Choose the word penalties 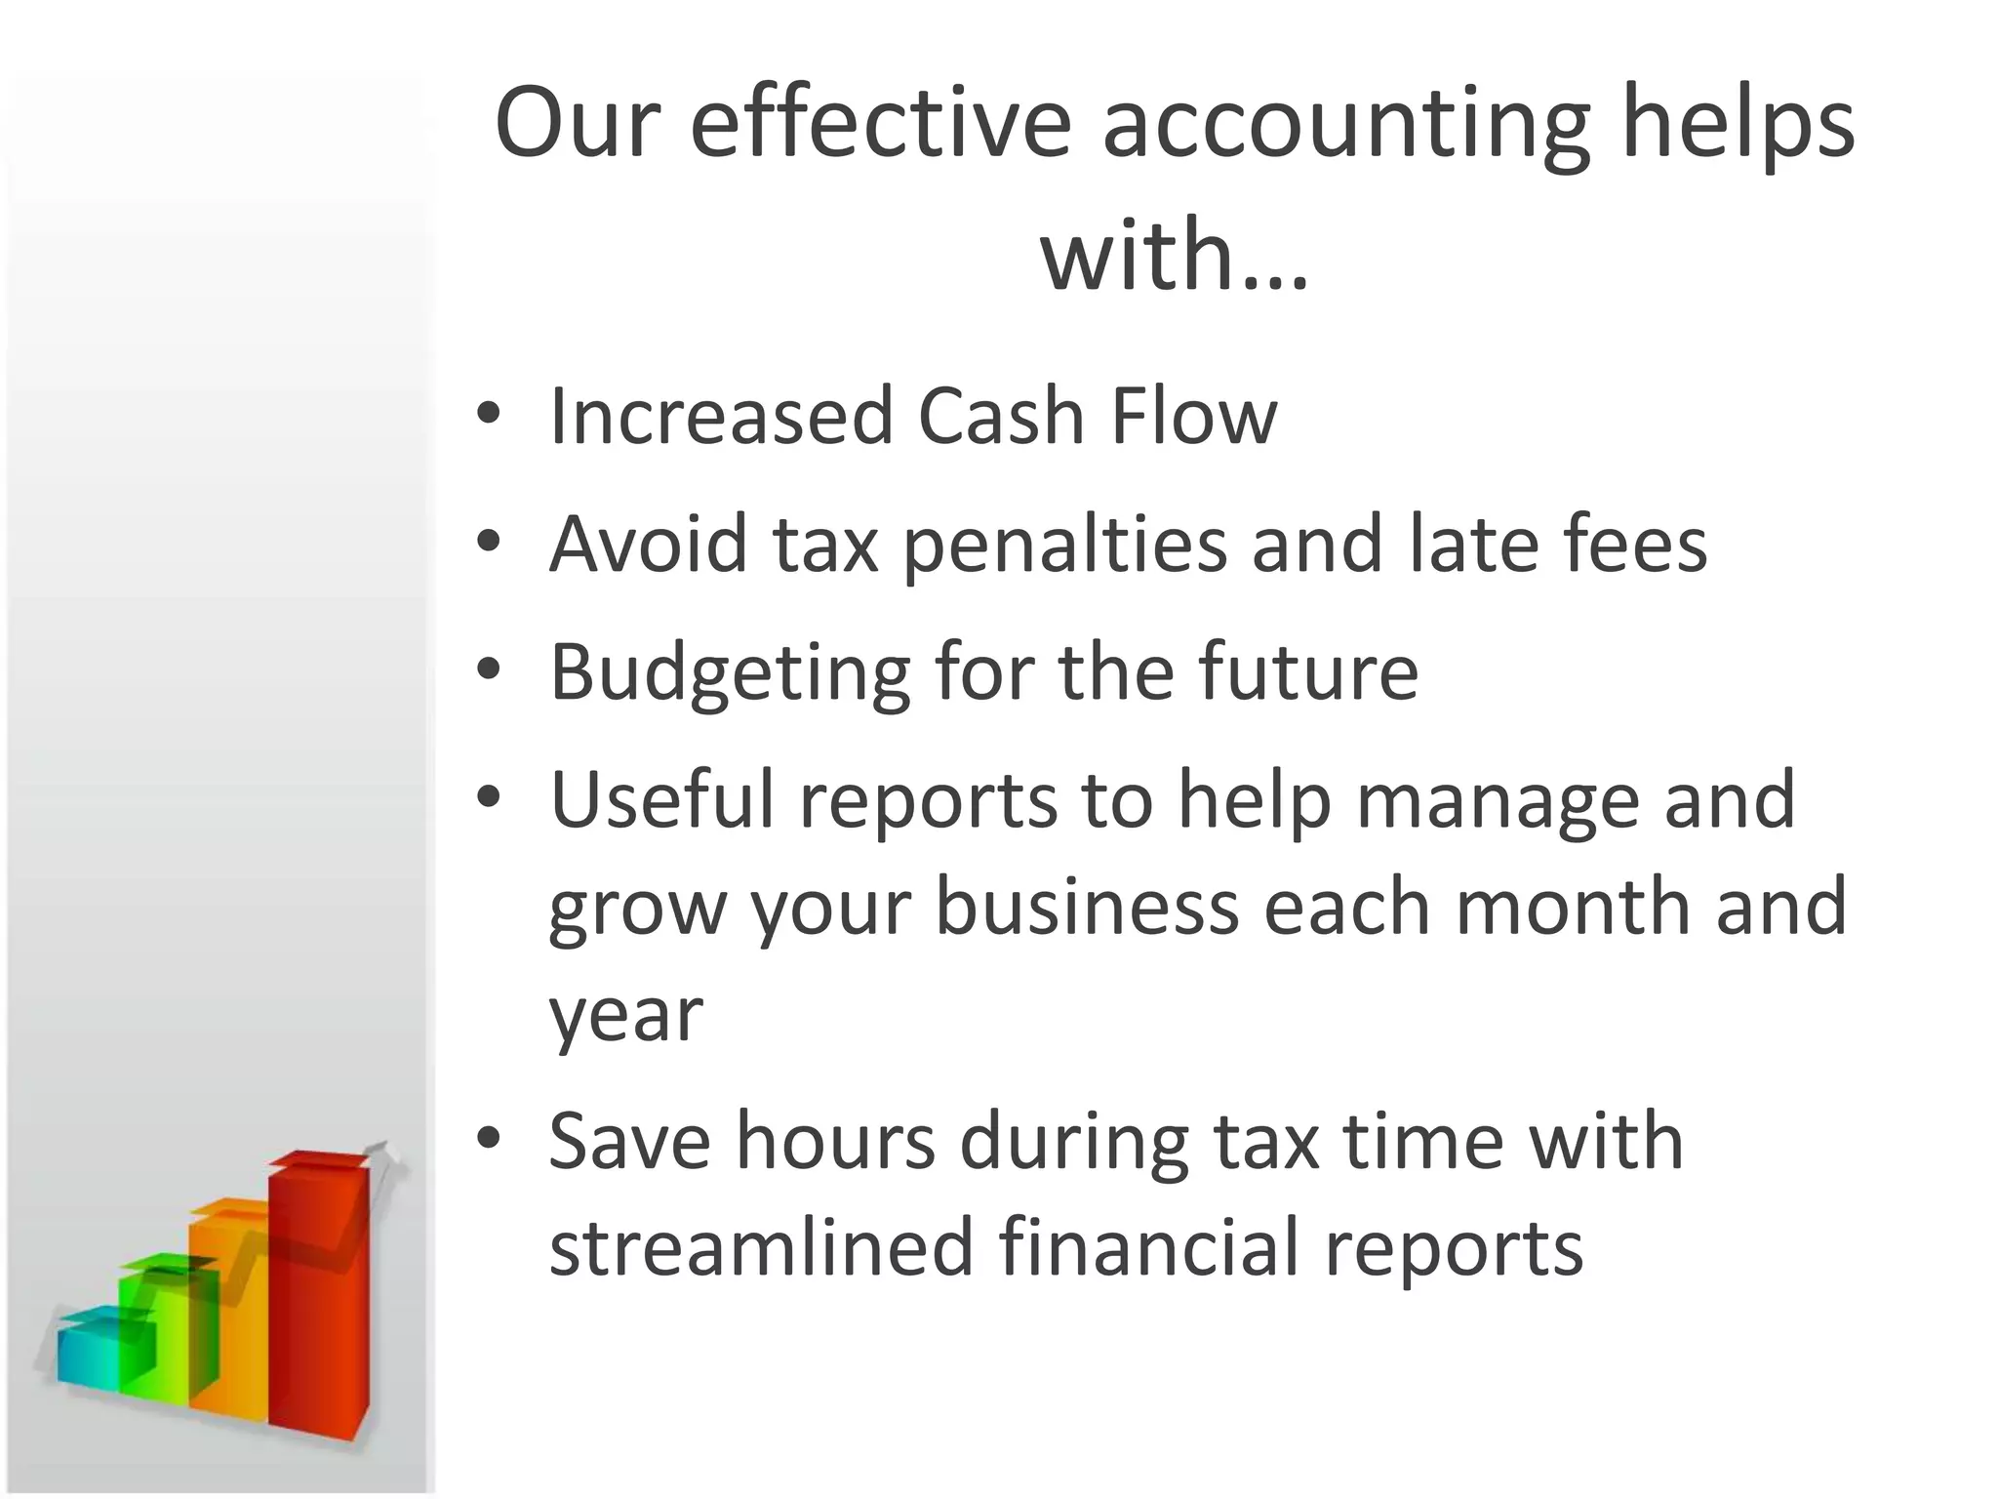1063,545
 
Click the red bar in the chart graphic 318,1298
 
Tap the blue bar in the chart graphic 88,1352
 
